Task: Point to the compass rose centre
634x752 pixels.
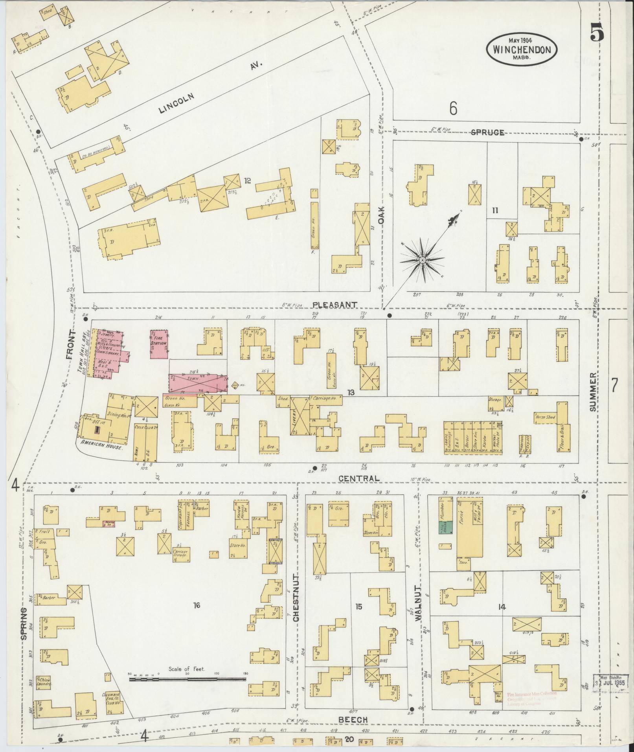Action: point(422,260)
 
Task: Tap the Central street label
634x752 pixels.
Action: point(359,478)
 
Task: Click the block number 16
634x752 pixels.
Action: point(197,605)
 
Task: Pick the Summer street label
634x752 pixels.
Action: point(593,392)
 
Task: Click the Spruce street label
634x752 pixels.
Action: point(487,132)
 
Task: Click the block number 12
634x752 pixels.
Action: point(247,180)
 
